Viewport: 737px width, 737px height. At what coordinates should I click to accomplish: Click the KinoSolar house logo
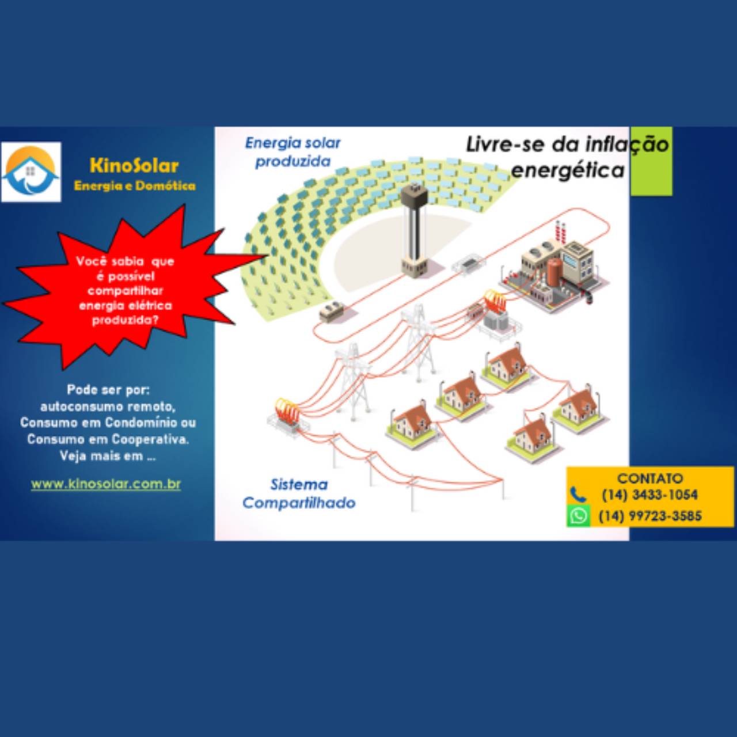point(31,172)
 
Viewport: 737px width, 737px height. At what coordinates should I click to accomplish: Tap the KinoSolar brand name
point(134,166)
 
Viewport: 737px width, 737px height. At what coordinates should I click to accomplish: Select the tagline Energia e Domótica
point(135,186)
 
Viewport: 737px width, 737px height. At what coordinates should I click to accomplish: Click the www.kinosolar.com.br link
point(106,484)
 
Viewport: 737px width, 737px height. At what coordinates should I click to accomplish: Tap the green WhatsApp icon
point(578,516)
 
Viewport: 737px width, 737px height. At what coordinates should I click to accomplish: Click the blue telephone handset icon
point(578,495)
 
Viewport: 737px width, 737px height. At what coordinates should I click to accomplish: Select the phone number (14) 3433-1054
point(650,495)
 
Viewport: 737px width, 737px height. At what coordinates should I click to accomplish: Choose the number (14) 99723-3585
point(650,516)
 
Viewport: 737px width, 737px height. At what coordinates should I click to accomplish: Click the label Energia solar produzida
point(292,152)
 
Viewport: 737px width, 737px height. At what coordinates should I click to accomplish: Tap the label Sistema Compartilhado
point(299,493)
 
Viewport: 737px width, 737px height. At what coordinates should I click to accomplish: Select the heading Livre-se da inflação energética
point(567,157)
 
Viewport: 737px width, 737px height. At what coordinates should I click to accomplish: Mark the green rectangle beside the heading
point(651,161)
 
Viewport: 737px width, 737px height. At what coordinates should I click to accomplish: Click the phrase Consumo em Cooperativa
point(108,439)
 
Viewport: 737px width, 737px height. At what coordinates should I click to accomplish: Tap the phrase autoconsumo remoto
point(108,407)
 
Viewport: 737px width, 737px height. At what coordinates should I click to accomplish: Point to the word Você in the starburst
point(92,261)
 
